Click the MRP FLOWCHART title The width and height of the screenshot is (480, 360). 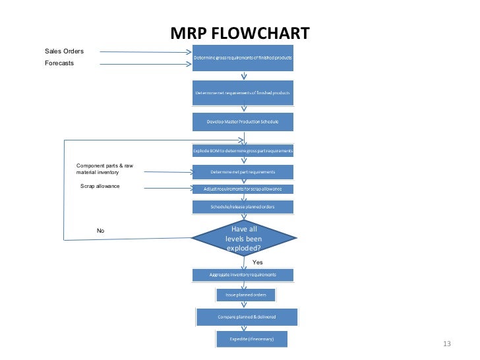239,34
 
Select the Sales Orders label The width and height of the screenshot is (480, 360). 64,51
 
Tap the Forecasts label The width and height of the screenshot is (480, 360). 59,63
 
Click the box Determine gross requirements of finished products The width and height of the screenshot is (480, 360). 243,59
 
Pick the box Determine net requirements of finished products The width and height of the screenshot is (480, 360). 243,93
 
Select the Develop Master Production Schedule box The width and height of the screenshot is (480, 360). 243,122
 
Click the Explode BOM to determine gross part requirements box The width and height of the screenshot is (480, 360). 243,151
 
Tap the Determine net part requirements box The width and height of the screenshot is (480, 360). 243,172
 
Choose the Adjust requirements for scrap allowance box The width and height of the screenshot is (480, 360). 243,189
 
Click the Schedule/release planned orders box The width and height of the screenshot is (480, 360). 243,206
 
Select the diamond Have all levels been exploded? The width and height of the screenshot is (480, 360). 243,239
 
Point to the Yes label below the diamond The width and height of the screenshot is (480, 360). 257,262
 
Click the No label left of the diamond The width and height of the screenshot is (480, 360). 101,231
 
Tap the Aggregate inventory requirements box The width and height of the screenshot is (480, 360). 243,274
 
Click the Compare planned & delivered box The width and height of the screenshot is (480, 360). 247,317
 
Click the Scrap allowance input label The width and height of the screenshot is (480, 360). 100,187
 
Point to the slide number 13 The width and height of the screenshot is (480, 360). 446,344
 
